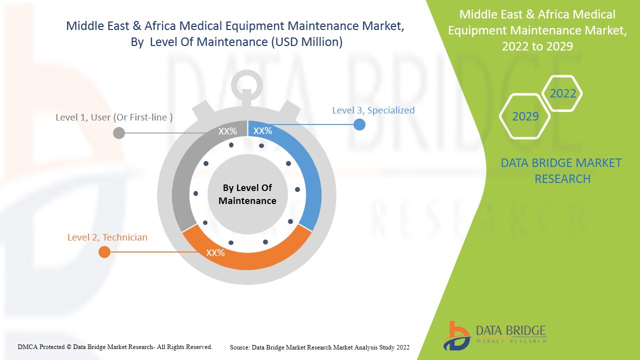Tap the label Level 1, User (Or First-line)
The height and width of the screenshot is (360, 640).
click(114, 117)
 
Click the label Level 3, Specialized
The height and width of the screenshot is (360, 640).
click(373, 110)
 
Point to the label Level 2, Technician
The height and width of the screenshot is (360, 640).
click(107, 237)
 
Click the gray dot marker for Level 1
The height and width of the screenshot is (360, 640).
click(119, 133)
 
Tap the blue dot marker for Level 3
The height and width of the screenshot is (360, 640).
click(359, 124)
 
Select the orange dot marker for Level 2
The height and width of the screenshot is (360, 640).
click(104, 252)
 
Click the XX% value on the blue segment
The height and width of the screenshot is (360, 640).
click(262, 131)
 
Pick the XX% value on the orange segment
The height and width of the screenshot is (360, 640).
click(215, 253)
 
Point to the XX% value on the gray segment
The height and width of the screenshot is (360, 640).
click(227, 131)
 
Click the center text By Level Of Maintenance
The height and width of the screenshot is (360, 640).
click(247, 194)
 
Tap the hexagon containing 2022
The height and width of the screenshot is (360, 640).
click(562, 93)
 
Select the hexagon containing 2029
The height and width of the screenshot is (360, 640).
click(525, 116)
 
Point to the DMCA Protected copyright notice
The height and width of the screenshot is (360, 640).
click(115, 346)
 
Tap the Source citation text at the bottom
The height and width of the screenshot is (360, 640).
click(319, 347)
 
